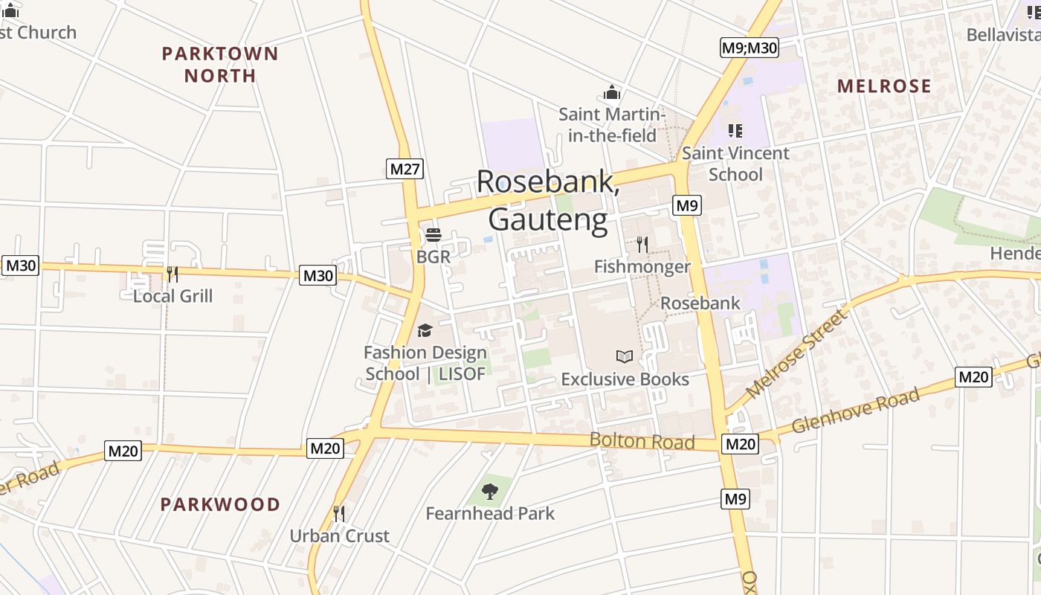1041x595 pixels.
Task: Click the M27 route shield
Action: point(405,169)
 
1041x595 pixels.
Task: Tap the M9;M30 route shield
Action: point(750,48)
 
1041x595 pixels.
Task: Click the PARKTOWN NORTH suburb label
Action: point(219,65)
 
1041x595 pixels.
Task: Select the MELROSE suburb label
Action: point(884,86)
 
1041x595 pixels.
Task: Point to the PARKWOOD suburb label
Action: point(220,504)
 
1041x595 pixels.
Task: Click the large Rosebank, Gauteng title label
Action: point(548,201)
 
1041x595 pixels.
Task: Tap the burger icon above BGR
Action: point(434,236)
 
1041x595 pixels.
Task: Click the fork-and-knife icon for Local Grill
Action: point(172,274)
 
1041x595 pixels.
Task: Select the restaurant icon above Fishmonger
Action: point(642,244)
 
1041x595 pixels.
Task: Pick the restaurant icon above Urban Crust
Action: point(339,513)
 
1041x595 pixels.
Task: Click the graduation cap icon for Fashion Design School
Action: point(425,330)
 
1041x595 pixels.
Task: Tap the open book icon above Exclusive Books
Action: point(625,357)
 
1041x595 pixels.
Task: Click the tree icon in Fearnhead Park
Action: point(490,491)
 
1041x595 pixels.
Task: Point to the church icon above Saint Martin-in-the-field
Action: point(611,92)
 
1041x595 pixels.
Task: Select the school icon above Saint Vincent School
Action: point(735,131)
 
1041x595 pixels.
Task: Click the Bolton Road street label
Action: point(642,441)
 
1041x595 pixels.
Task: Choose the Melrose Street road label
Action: point(796,354)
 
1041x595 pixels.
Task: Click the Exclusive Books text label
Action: point(625,379)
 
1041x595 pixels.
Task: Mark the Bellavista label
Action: point(1002,35)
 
